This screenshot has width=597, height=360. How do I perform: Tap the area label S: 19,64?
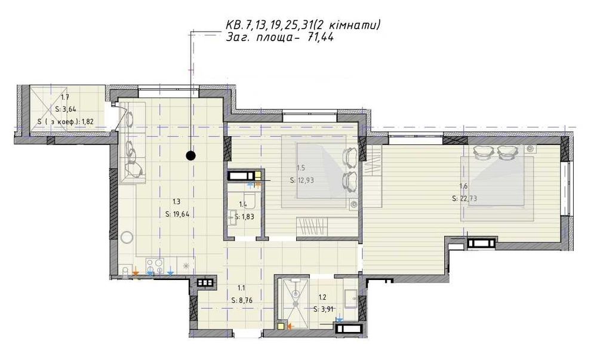[x=177, y=214]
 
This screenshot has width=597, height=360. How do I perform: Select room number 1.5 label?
[x=300, y=168]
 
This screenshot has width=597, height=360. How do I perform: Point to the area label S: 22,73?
[x=464, y=198]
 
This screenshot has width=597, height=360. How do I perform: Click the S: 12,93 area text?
[x=301, y=180]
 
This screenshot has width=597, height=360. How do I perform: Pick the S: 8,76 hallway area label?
[x=242, y=300]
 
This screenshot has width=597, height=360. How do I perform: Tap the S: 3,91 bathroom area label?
[x=324, y=309]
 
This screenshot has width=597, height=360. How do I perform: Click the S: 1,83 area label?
[x=244, y=217]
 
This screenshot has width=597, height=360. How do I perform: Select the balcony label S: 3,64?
[x=66, y=109]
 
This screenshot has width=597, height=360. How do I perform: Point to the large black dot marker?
[x=190, y=155]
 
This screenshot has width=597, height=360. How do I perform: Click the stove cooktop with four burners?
[x=155, y=266]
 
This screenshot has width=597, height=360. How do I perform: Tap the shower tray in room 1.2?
[x=295, y=303]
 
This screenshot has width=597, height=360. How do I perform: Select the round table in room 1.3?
[x=127, y=238]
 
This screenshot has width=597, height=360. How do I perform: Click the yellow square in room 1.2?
[x=281, y=326]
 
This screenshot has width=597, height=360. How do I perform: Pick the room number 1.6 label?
[x=463, y=186]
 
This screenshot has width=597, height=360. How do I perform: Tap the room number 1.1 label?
[x=241, y=288]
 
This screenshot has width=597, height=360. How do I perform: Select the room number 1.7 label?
[x=64, y=97]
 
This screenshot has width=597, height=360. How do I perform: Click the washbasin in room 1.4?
[x=232, y=218]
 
